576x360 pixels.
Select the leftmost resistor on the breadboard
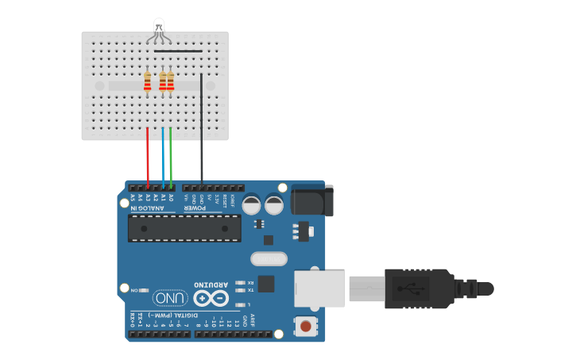147,81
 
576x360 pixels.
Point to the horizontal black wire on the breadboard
178,51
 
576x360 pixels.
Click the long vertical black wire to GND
202,135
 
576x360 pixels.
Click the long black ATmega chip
184,228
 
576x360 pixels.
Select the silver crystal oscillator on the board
268,258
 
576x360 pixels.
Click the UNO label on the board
171,298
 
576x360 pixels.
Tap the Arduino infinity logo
211,299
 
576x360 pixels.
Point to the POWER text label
195,208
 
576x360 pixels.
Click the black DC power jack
312,199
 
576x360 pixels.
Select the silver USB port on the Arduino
320,288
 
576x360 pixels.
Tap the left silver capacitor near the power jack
252,204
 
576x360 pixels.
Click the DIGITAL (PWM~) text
159,315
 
